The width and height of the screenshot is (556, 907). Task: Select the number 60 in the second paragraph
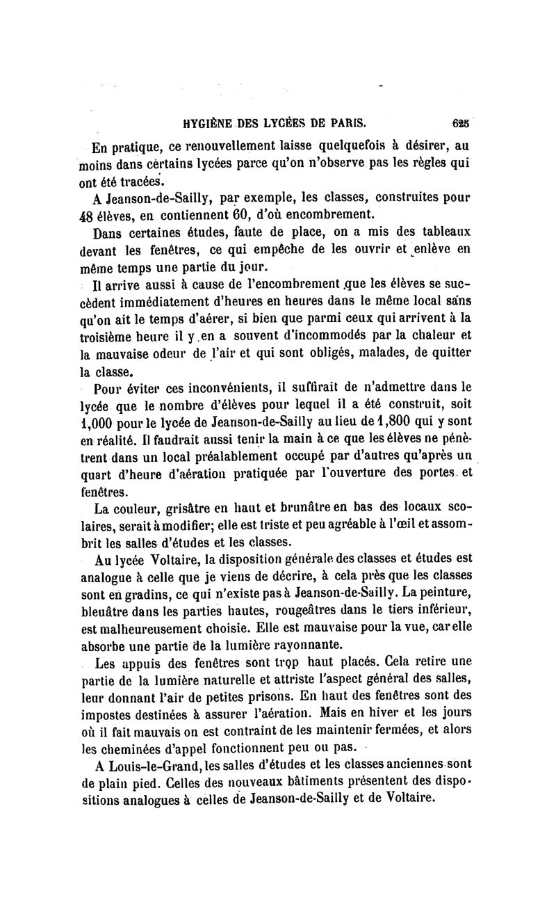(221, 213)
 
